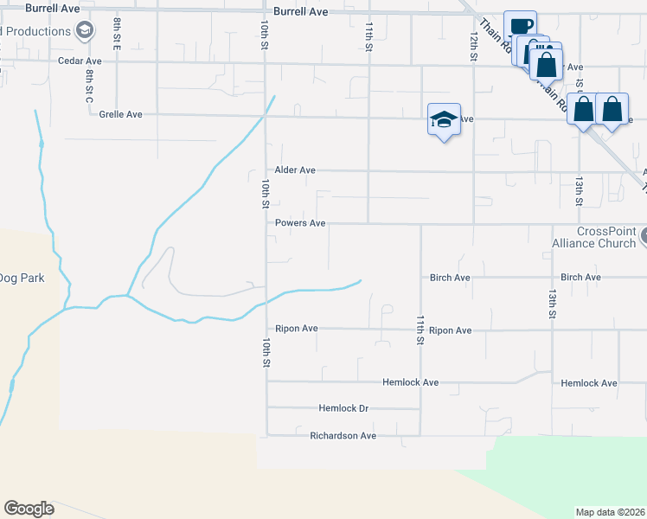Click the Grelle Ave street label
(x=120, y=114)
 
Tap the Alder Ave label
(x=295, y=170)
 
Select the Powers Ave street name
(x=300, y=223)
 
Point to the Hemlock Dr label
(x=343, y=408)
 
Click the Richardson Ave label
(x=343, y=436)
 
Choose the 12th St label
(x=474, y=46)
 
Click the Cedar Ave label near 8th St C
(x=80, y=61)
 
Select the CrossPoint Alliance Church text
(x=593, y=238)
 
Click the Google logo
(x=29, y=509)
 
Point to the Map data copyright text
(x=610, y=512)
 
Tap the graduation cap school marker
(x=444, y=119)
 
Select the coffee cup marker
(x=520, y=26)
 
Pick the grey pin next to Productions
(x=84, y=32)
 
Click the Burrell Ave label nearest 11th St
(x=300, y=12)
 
